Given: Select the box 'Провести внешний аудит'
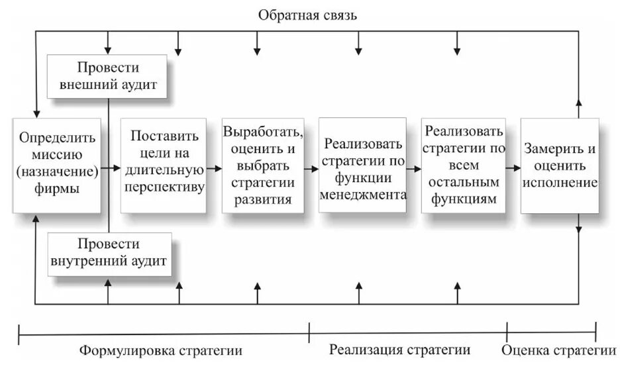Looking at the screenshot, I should (108, 77).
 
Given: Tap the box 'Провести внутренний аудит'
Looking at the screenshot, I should (109, 254).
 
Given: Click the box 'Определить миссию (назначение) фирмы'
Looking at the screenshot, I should (57, 165).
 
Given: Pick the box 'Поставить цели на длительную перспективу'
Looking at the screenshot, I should (163, 165).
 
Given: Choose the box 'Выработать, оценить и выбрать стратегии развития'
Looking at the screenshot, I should (263, 165).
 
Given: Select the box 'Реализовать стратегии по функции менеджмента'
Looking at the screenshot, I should (362, 165).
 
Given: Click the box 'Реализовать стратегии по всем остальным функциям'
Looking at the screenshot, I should (463, 165).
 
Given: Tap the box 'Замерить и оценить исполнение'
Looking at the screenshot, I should (560, 165).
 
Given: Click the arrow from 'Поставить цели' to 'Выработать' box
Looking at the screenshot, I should (214, 169).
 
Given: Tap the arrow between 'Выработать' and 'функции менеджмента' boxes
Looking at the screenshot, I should (311, 169).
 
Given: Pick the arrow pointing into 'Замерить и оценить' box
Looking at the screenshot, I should (513, 169).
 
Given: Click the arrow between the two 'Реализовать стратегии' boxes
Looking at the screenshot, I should (414, 169).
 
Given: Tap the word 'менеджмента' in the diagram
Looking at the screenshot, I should (362, 195).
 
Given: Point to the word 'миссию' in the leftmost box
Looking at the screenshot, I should (58, 156).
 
